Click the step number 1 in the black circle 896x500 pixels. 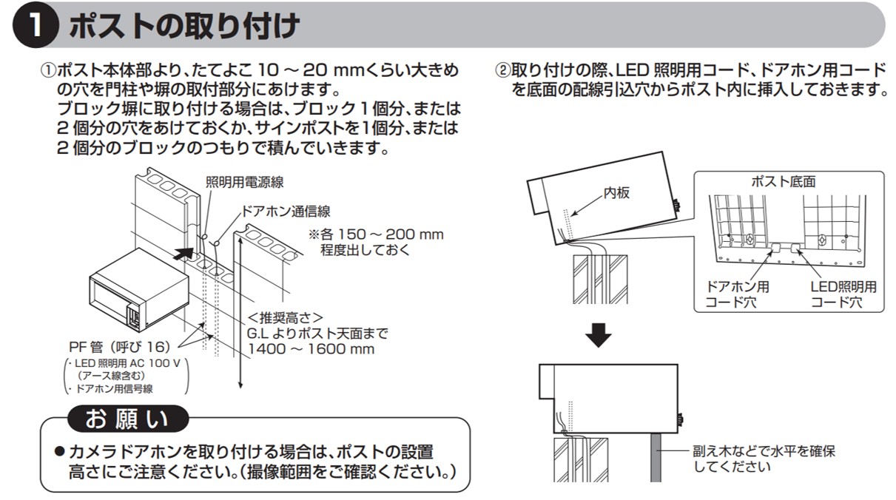coord(36,25)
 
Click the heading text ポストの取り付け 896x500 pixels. coord(184,26)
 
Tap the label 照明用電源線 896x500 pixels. coord(244,182)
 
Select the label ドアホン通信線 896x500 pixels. coord(286,212)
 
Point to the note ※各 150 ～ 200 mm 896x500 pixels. coord(376,234)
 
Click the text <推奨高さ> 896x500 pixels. coord(285,317)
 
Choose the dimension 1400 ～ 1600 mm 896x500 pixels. coord(311,349)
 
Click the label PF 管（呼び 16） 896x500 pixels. coord(120,347)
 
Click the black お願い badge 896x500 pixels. coord(127,419)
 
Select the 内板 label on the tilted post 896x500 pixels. coord(616,193)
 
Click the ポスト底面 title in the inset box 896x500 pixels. coord(784,182)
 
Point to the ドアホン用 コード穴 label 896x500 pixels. coord(737,294)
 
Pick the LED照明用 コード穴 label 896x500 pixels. coord(843,294)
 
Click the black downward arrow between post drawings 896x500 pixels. coord(599,335)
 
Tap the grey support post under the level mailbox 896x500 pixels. coord(656,458)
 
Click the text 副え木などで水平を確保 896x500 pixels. coord(764,452)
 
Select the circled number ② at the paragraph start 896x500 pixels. coord(503,70)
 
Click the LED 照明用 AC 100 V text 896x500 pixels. coord(127,363)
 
